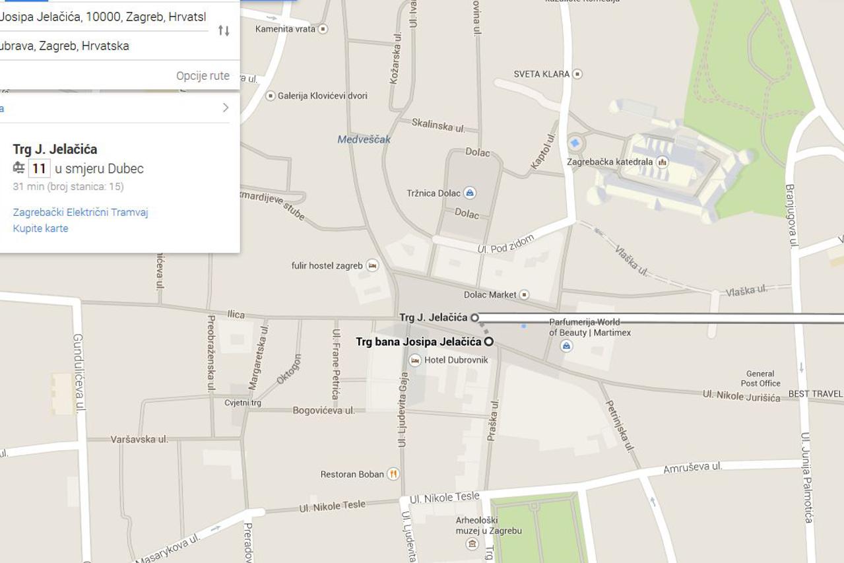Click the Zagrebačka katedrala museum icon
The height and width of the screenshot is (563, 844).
(x=662, y=162)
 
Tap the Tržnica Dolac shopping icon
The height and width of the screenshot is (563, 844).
(x=470, y=193)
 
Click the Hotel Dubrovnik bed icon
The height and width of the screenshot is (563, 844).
(x=415, y=360)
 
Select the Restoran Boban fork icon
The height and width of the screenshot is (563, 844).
(x=393, y=474)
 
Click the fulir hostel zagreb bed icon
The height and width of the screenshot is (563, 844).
(x=372, y=266)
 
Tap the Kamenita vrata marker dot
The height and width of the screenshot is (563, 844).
(x=323, y=29)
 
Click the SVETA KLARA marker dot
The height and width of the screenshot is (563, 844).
(x=577, y=74)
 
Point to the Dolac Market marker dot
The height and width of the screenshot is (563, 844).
(x=524, y=294)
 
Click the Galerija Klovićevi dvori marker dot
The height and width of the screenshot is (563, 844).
(x=270, y=96)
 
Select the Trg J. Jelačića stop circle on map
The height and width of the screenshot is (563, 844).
(x=474, y=317)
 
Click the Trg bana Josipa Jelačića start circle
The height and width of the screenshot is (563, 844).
(x=489, y=341)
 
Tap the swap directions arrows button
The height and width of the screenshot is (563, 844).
(x=224, y=30)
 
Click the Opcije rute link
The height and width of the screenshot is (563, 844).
(x=203, y=76)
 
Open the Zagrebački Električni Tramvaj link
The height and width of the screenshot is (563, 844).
(x=81, y=212)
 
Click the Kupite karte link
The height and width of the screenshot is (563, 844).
(x=41, y=228)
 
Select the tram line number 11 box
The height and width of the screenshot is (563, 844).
(x=40, y=168)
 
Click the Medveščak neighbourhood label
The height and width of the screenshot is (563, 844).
(x=364, y=139)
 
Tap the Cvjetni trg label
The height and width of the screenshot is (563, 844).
(x=243, y=403)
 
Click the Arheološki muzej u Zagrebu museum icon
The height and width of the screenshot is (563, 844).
(x=472, y=544)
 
